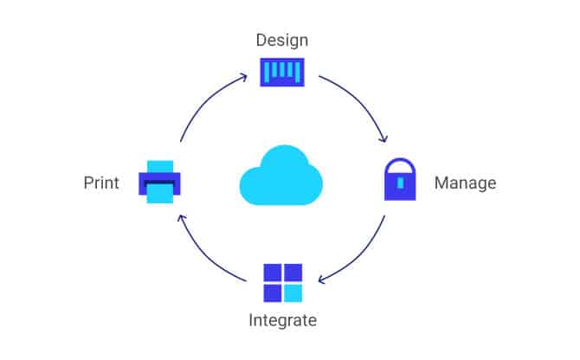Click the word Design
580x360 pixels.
(x=282, y=40)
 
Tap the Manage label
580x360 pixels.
(x=465, y=183)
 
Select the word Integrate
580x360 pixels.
(x=282, y=321)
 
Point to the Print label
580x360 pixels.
(x=101, y=183)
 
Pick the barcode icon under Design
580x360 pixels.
(x=282, y=71)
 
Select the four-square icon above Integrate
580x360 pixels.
(x=282, y=283)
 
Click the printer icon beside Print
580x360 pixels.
(x=160, y=183)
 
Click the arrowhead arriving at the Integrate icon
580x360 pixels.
(x=321, y=280)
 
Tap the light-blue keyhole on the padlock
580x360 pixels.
(x=400, y=185)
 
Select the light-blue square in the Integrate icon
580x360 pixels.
(x=293, y=293)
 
